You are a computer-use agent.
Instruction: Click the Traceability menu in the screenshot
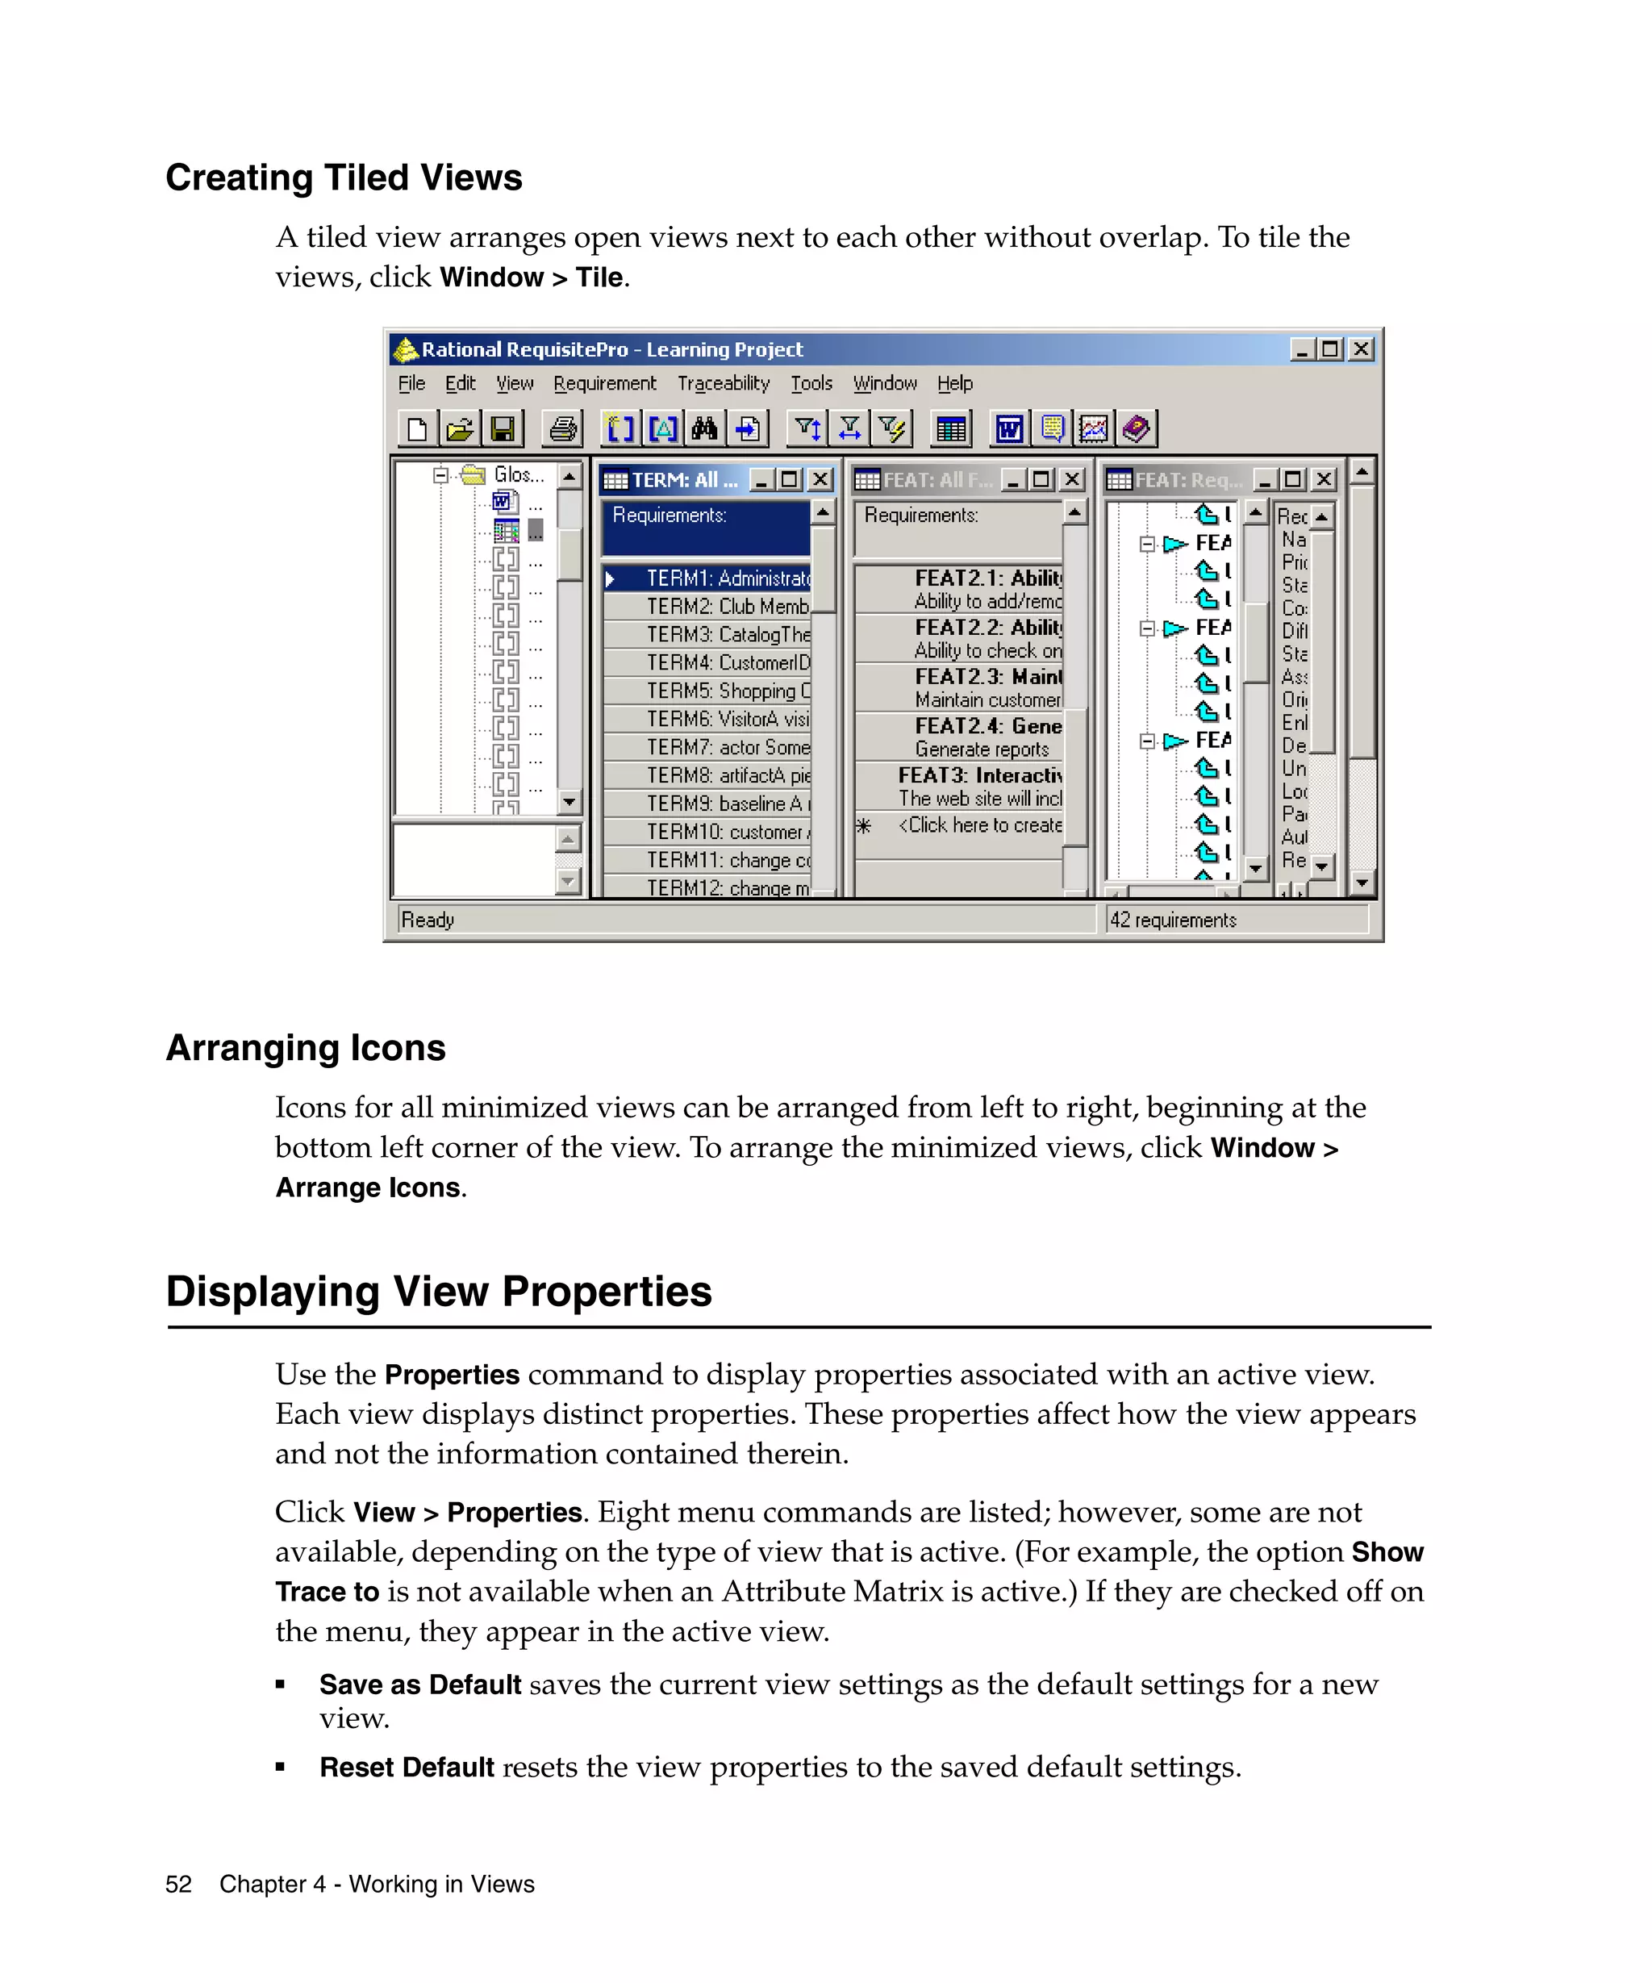pyautogui.click(x=723, y=383)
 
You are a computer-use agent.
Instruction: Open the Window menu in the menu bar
pyautogui.click(x=885, y=383)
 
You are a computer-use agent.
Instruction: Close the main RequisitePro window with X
pyautogui.click(x=1360, y=349)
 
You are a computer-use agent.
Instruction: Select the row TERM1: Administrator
pyautogui.click(x=727, y=578)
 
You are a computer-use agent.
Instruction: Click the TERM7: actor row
pyautogui.click(x=727, y=747)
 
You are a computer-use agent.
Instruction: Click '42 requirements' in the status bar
pyautogui.click(x=1172, y=920)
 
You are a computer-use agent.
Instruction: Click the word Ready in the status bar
pyautogui.click(x=428, y=920)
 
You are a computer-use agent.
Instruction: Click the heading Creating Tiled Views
pyautogui.click(x=344, y=177)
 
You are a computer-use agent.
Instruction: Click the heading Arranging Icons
pyautogui.click(x=306, y=1048)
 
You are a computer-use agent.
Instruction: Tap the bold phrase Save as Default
pyautogui.click(x=420, y=1685)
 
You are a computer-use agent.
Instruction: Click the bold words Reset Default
pyautogui.click(x=407, y=1768)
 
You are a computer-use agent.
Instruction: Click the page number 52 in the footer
pyautogui.click(x=178, y=1885)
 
